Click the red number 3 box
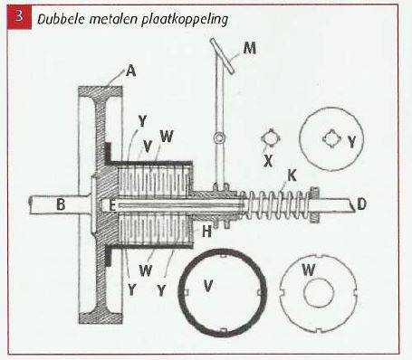(x=20, y=16)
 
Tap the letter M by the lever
(x=250, y=48)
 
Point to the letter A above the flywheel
(x=131, y=71)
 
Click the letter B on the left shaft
(x=61, y=204)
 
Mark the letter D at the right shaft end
(x=361, y=204)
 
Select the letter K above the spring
(x=292, y=175)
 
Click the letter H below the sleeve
(x=206, y=232)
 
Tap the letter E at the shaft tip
(x=112, y=206)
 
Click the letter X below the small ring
(x=268, y=161)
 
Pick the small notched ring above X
(x=271, y=138)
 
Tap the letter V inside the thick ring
(x=208, y=285)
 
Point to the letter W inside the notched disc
(x=309, y=270)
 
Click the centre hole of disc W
(x=319, y=292)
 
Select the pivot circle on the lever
(x=219, y=137)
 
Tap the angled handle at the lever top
(x=223, y=55)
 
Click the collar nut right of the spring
(x=315, y=204)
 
